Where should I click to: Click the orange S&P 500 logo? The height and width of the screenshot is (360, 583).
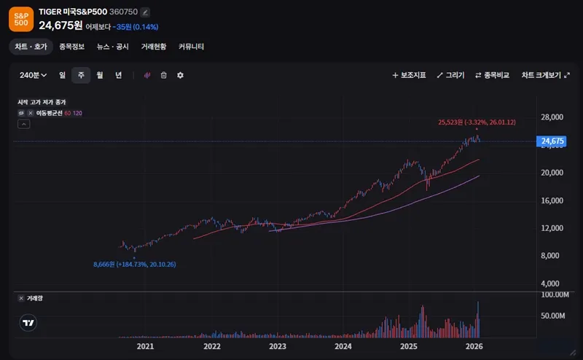point(21,19)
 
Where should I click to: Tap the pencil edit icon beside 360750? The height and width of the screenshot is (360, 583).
point(145,12)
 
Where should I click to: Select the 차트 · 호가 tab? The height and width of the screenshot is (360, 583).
point(31,47)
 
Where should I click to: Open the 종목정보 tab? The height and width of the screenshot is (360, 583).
point(71,47)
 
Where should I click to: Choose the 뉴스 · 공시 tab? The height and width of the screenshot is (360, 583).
point(112,47)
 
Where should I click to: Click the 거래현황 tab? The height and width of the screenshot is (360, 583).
point(154,47)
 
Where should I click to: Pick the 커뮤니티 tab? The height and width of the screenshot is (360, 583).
point(191,47)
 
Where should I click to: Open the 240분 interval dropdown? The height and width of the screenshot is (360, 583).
point(33,75)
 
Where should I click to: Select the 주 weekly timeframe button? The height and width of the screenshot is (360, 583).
point(81,75)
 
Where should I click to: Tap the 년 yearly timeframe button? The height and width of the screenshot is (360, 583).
point(118,75)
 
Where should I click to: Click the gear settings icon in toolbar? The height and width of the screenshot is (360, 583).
point(180,75)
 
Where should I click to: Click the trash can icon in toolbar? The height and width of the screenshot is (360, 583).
point(164,75)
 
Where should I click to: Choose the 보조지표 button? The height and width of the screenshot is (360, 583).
point(409,75)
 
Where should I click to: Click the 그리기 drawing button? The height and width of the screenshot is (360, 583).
point(450,75)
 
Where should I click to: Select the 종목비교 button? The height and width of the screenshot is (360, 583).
point(492,75)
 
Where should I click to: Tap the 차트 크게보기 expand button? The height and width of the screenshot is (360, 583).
point(545,75)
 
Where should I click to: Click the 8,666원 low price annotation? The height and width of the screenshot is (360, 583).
point(134,264)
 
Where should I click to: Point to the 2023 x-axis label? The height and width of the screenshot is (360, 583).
point(278,346)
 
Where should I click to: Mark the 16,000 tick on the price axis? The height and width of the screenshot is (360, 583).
point(553,200)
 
